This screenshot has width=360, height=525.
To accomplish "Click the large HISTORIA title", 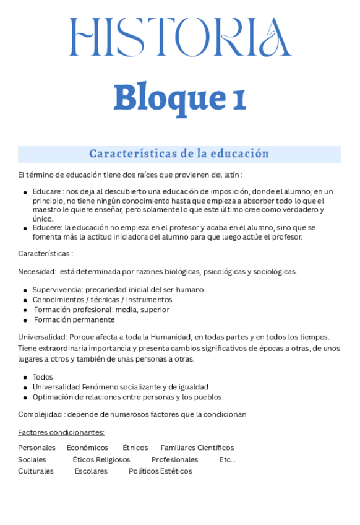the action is [x=179, y=37].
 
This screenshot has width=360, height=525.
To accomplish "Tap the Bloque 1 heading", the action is [x=179, y=98].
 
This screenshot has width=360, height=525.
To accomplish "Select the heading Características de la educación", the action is [x=179, y=154].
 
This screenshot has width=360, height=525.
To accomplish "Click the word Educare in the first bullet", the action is [x=46, y=192].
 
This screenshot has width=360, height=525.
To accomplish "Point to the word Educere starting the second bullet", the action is [x=47, y=228].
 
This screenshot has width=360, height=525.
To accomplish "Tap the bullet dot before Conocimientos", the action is [x=25, y=300].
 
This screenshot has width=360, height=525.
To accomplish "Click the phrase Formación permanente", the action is [x=74, y=320].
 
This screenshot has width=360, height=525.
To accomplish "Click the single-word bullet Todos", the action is [x=43, y=377].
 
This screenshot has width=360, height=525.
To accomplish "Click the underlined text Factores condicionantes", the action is [x=61, y=433].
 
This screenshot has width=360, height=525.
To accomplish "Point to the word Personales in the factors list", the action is [x=36, y=448].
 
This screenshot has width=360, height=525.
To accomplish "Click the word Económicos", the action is [x=87, y=448].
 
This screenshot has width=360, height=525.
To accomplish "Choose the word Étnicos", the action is [x=135, y=448].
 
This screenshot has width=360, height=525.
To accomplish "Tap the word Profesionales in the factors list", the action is [x=174, y=460].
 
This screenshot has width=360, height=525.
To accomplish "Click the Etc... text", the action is [x=227, y=460].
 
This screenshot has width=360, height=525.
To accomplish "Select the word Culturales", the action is [x=36, y=471].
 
